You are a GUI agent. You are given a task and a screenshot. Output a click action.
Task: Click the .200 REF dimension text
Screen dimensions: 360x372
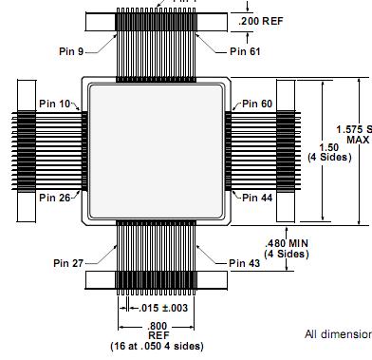point(263,20)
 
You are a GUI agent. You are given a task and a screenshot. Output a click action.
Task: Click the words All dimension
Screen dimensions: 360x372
point(337,334)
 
